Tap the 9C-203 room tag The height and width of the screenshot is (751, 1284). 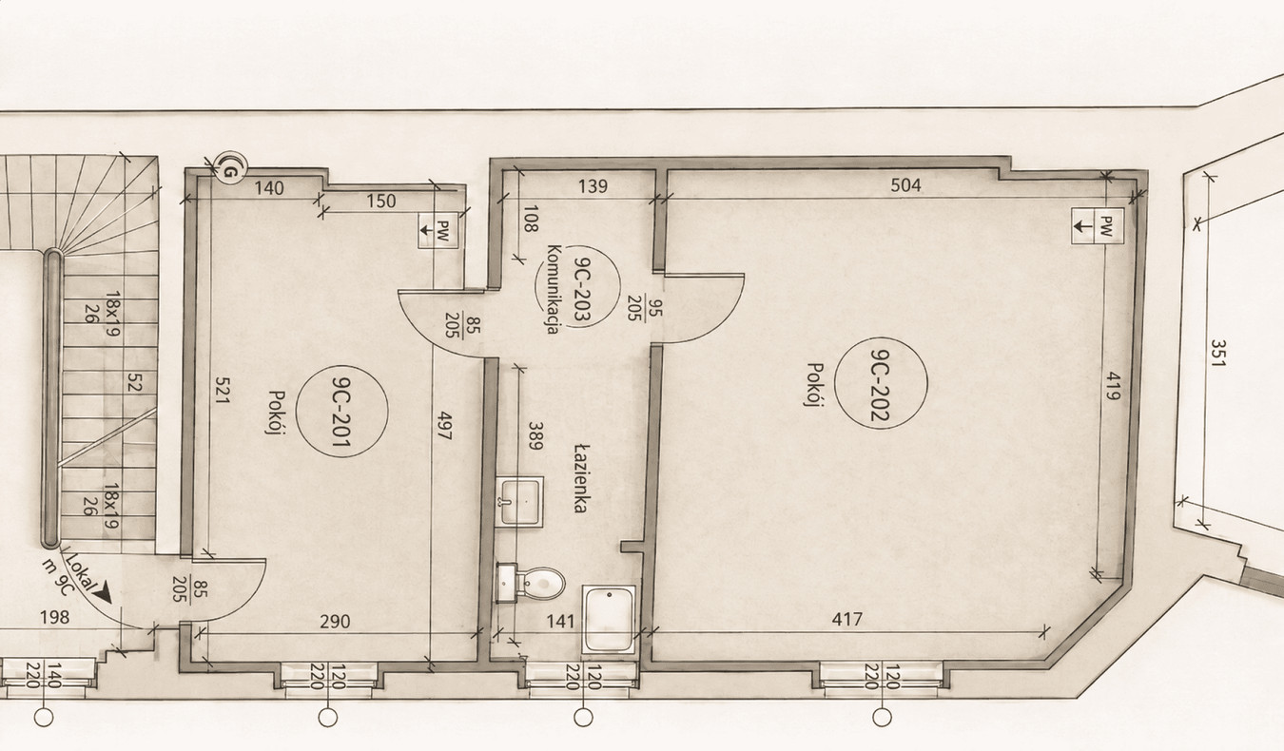click(x=578, y=285)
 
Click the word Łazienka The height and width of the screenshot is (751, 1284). click(x=581, y=478)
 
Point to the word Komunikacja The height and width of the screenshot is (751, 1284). click(x=553, y=289)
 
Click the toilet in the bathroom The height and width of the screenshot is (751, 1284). click(x=530, y=583)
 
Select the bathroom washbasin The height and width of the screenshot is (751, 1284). click(x=519, y=502)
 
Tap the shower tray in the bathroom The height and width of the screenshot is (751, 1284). click(x=609, y=619)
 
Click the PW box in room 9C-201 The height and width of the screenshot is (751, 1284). click(x=438, y=231)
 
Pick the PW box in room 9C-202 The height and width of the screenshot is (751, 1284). click(x=1098, y=226)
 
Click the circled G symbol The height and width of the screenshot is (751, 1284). click(x=230, y=168)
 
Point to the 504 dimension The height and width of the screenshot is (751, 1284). click(x=906, y=185)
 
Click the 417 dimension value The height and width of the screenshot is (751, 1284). click(x=846, y=619)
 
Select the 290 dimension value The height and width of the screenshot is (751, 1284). click(x=335, y=622)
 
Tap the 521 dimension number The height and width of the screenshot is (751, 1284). click(x=222, y=390)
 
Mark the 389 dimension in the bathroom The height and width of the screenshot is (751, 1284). click(x=535, y=436)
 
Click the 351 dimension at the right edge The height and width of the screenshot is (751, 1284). click(x=1217, y=354)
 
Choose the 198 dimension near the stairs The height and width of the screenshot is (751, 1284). click(x=54, y=617)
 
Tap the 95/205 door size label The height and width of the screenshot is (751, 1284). click(x=644, y=308)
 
